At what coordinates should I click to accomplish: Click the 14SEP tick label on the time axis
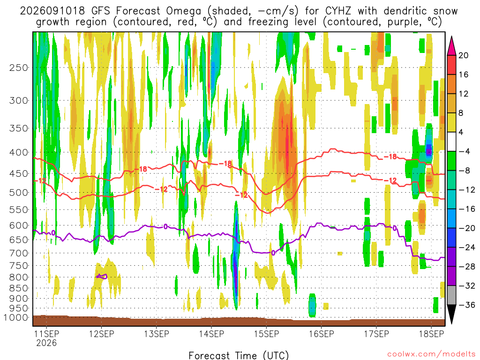(x=211, y=334)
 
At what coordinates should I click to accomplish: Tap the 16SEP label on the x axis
(x=322, y=334)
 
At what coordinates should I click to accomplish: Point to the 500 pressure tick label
(x=19, y=193)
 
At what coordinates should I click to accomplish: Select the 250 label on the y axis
(x=19, y=67)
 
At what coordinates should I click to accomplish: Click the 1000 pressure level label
(x=16, y=317)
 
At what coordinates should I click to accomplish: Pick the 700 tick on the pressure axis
(x=19, y=253)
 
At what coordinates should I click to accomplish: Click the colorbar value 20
(x=464, y=55)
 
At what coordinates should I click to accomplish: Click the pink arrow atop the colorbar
(x=451, y=46)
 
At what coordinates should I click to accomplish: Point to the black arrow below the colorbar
(x=451, y=314)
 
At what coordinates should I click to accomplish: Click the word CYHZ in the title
(x=338, y=11)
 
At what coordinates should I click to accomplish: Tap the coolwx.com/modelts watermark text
(x=431, y=354)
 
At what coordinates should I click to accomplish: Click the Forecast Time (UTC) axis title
(x=239, y=355)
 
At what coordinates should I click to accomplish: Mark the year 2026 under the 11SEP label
(x=46, y=343)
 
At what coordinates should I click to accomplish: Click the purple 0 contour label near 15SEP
(x=273, y=253)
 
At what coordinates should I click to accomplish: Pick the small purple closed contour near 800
(x=102, y=277)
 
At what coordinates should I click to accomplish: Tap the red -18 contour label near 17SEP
(x=390, y=157)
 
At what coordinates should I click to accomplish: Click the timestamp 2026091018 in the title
(x=52, y=11)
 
